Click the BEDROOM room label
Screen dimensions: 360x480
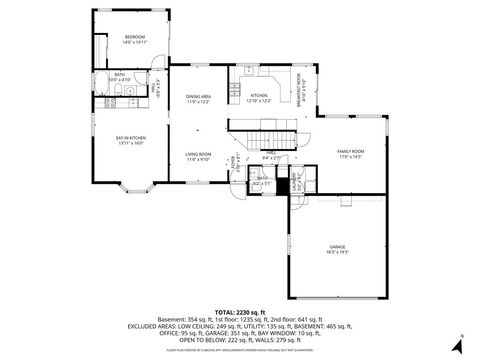[x=134, y=39]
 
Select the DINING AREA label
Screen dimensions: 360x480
[x=198, y=99]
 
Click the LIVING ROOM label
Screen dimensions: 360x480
[x=198, y=156]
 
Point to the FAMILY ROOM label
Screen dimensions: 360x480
[x=350, y=153]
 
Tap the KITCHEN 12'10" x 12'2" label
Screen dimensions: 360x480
[x=259, y=98]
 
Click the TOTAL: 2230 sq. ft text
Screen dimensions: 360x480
[x=240, y=310]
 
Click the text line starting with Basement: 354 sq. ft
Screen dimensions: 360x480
[x=240, y=318]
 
